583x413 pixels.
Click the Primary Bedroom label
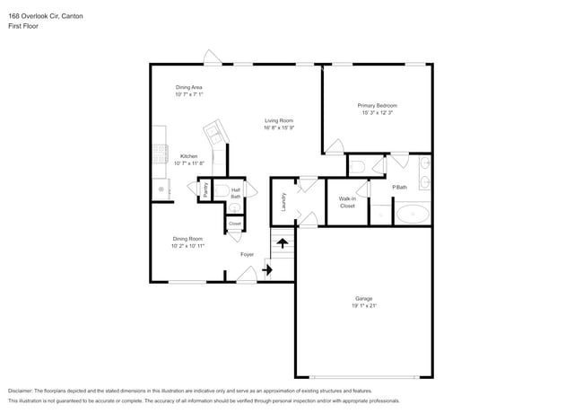379,106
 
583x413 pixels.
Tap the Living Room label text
279,120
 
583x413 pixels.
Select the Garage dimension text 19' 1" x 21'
363,306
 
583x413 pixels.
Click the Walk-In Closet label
347,202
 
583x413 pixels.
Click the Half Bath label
235,192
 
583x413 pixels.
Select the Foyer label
247,254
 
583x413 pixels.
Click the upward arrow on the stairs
283,242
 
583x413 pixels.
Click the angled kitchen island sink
216,137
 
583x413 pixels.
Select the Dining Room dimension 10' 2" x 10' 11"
189,245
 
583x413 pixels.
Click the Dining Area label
189,87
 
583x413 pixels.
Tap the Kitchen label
189,156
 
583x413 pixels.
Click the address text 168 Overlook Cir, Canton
45,15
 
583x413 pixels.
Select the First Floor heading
23,26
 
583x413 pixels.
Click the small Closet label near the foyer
234,224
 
